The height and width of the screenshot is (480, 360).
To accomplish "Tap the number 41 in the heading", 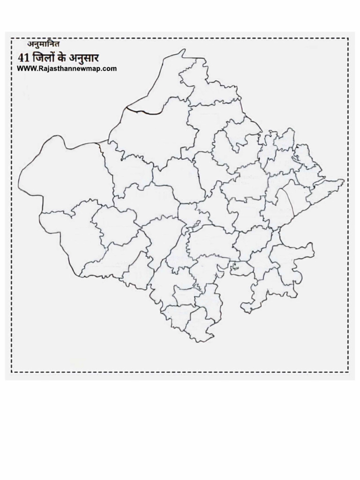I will (x=23, y=58).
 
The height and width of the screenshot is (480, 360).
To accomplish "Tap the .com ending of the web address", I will (x=107, y=68).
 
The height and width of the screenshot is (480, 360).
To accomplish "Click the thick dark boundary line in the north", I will (x=143, y=111).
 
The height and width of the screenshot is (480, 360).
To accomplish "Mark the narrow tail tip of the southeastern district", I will (x=245, y=308).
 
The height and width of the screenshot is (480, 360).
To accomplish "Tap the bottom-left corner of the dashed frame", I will (x=12, y=372).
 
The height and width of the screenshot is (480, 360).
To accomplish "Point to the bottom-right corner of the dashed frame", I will (x=348, y=372).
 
